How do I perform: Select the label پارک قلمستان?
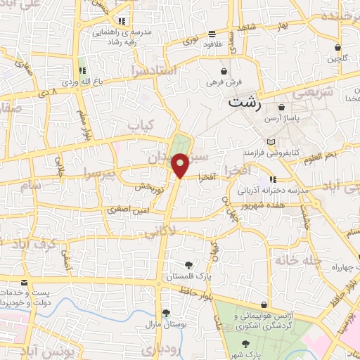(189, 278)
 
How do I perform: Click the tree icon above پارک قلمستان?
(189, 265)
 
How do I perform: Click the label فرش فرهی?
(224, 83)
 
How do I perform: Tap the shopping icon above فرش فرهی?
(224, 71)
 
